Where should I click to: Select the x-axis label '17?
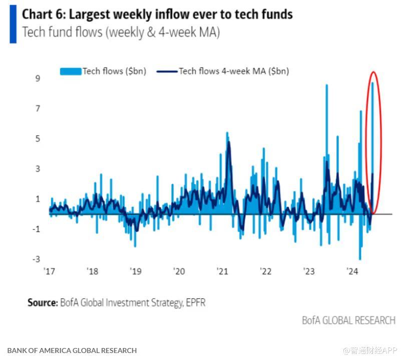point(49,271)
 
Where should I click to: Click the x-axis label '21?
point(222,271)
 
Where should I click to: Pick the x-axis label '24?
point(352,271)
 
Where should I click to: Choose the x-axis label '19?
point(136,271)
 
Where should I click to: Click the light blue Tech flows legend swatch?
point(71,71)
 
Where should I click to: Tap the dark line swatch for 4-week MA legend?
point(167,71)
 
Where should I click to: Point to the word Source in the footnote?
point(42,302)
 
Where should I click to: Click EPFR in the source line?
point(195,302)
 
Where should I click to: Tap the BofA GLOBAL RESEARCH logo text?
point(348,320)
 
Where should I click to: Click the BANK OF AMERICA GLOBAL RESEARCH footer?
point(72,350)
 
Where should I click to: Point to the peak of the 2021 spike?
point(227,134)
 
